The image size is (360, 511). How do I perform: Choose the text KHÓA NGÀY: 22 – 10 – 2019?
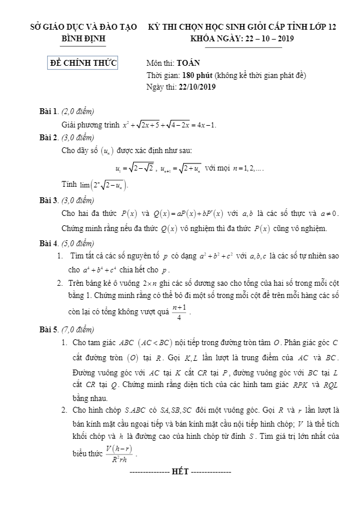(242, 38)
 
